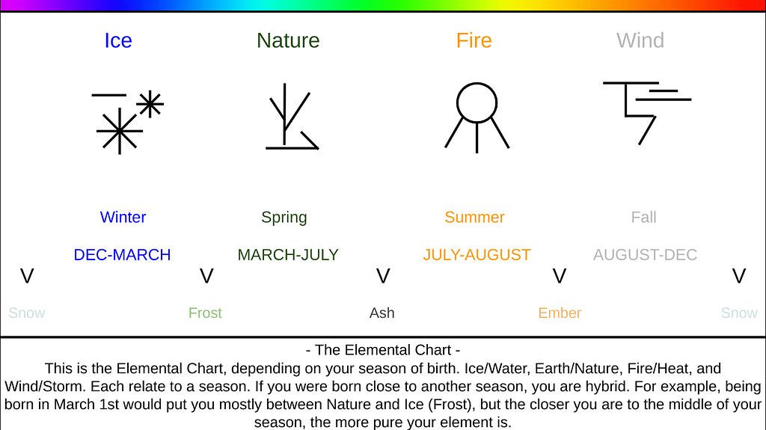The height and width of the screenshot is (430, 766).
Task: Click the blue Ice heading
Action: [x=117, y=40]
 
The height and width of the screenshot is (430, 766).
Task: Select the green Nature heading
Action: [x=288, y=40]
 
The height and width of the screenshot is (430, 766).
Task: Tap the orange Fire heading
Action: [x=474, y=40]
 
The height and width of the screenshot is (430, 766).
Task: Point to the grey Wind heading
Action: [x=640, y=40]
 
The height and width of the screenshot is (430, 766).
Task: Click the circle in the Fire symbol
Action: [x=477, y=102]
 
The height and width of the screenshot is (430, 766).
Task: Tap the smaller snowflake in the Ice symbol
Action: [x=150, y=104]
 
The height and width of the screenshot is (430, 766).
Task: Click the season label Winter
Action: [x=123, y=218]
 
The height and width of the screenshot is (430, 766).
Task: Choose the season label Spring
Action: [x=284, y=218]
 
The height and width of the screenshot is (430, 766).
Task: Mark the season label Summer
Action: [x=474, y=218]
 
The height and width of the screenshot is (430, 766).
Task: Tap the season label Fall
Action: [x=643, y=218]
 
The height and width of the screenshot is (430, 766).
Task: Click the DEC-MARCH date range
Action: [x=122, y=255]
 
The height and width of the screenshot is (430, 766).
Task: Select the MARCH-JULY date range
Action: [x=288, y=255]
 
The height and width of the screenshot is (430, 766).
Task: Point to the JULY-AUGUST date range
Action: [x=477, y=255]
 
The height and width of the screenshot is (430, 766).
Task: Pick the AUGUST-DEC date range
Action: [x=645, y=255]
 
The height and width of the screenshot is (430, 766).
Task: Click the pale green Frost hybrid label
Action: [x=205, y=313]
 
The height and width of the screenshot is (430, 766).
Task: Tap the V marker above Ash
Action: [x=383, y=277]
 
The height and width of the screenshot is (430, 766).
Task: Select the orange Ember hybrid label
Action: [x=560, y=313]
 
